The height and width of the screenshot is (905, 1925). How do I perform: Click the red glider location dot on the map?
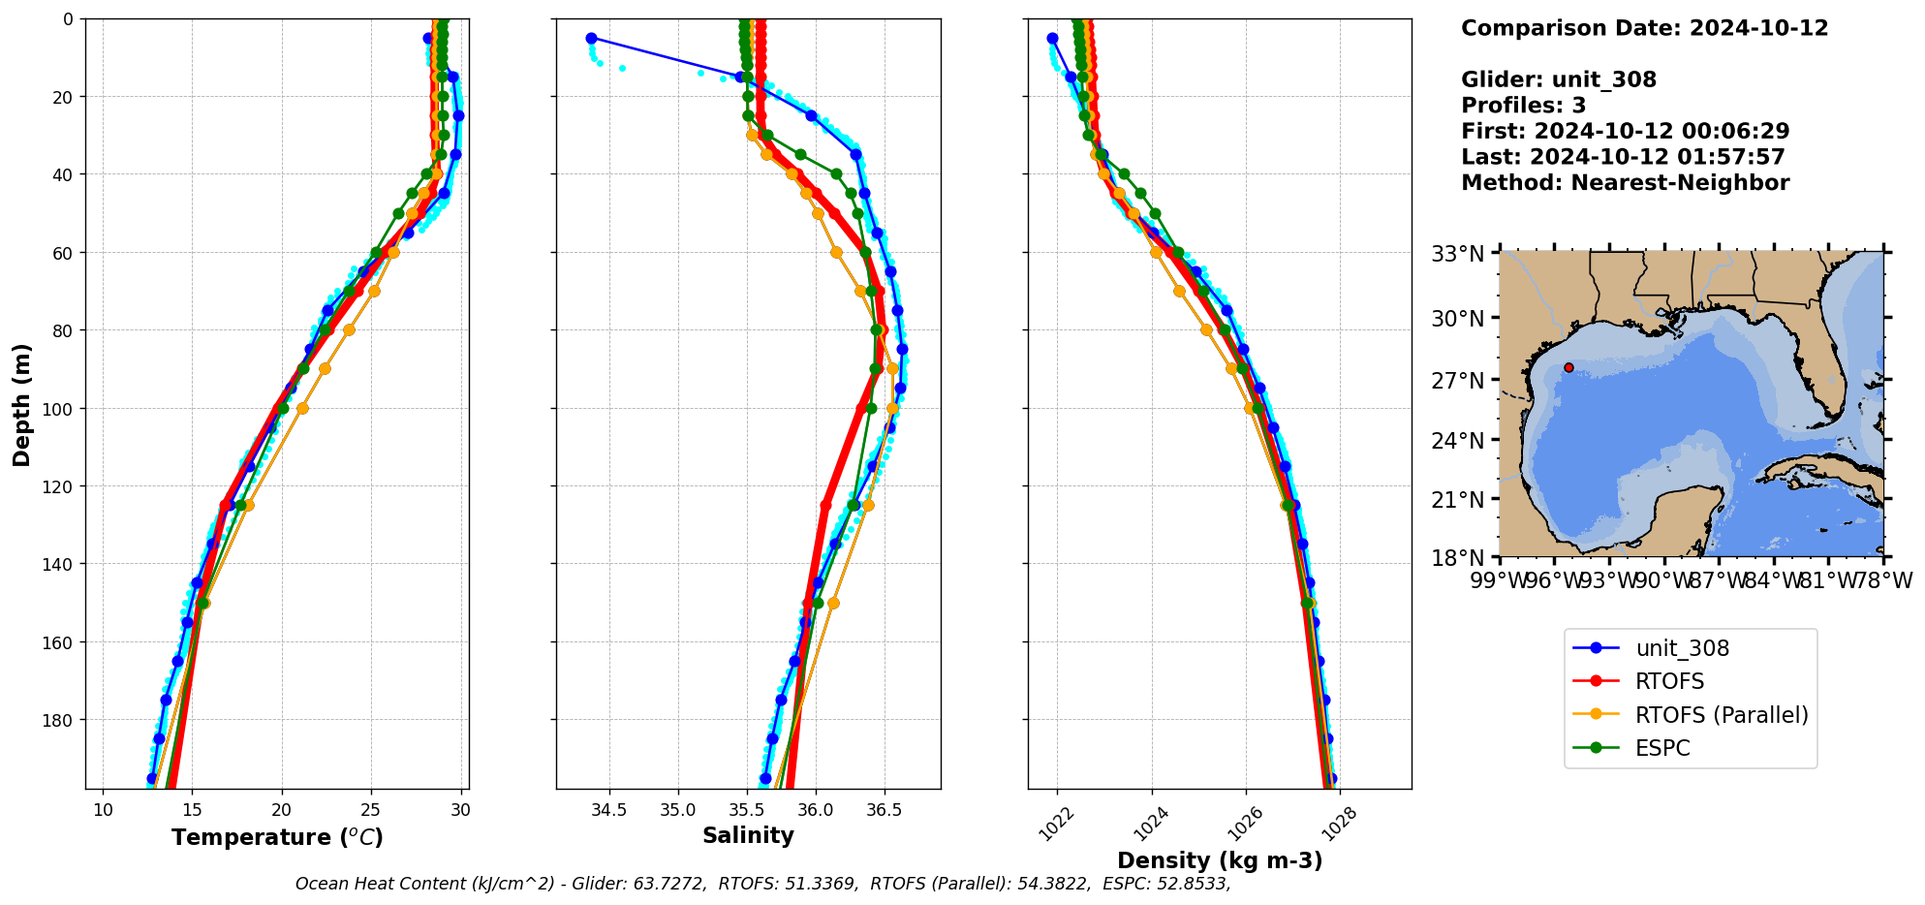point(1568,367)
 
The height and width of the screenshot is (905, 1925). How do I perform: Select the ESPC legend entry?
point(1661,748)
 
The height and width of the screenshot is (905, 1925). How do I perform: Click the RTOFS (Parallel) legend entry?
point(1721,715)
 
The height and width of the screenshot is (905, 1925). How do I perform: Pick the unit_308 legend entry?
point(1682,648)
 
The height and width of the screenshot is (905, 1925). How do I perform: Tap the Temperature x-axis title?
point(277,837)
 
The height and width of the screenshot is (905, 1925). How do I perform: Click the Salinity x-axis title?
point(748,835)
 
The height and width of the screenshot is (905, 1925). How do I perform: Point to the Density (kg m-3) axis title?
point(1219,860)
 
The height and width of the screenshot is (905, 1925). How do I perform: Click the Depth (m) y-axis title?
point(22,404)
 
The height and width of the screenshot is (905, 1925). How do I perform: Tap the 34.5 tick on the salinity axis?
point(608,810)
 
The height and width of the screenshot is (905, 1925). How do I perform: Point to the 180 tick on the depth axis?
point(59,720)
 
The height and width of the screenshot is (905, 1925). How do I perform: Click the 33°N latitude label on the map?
point(1457,254)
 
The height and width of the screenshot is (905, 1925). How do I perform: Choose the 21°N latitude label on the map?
point(1457,500)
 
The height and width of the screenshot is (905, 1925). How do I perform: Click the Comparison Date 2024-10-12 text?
point(1644,28)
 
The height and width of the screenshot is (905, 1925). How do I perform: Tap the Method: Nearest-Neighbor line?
point(1625,182)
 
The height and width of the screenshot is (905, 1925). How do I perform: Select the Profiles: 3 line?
point(1523,106)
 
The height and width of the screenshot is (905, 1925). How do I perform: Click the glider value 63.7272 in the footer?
point(669,884)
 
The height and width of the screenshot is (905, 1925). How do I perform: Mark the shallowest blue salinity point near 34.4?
point(591,39)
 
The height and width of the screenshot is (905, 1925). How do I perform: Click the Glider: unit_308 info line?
point(1558,79)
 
